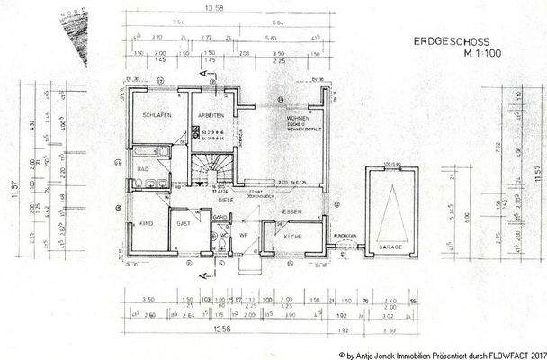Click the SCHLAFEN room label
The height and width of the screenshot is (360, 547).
click(x=156, y=118)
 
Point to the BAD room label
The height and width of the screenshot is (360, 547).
click(x=143, y=168)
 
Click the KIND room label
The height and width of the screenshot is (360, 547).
click(x=145, y=221)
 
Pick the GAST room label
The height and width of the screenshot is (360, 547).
click(x=184, y=221)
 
